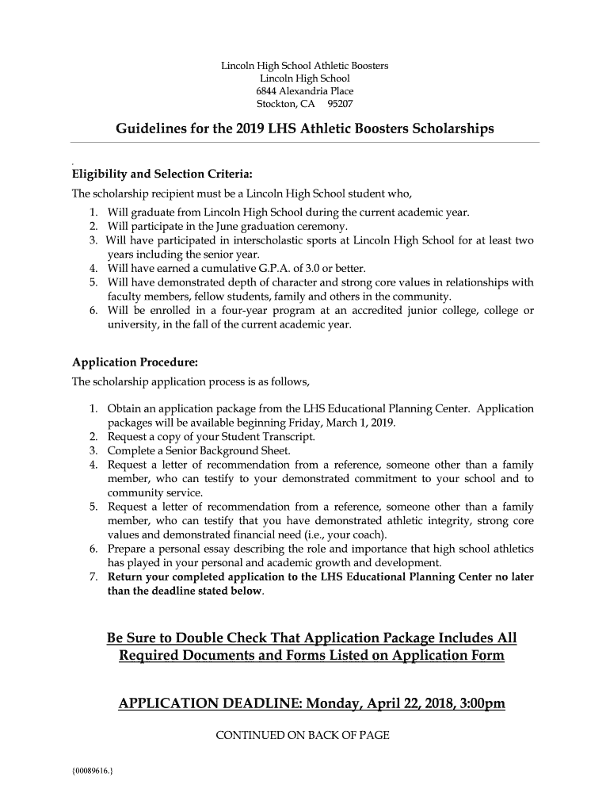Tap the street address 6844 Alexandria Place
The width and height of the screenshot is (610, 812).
point(304,91)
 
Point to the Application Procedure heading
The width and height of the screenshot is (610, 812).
point(135,362)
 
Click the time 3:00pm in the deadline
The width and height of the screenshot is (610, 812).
point(479,704)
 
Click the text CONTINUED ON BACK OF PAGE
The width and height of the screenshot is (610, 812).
point(303,736)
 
